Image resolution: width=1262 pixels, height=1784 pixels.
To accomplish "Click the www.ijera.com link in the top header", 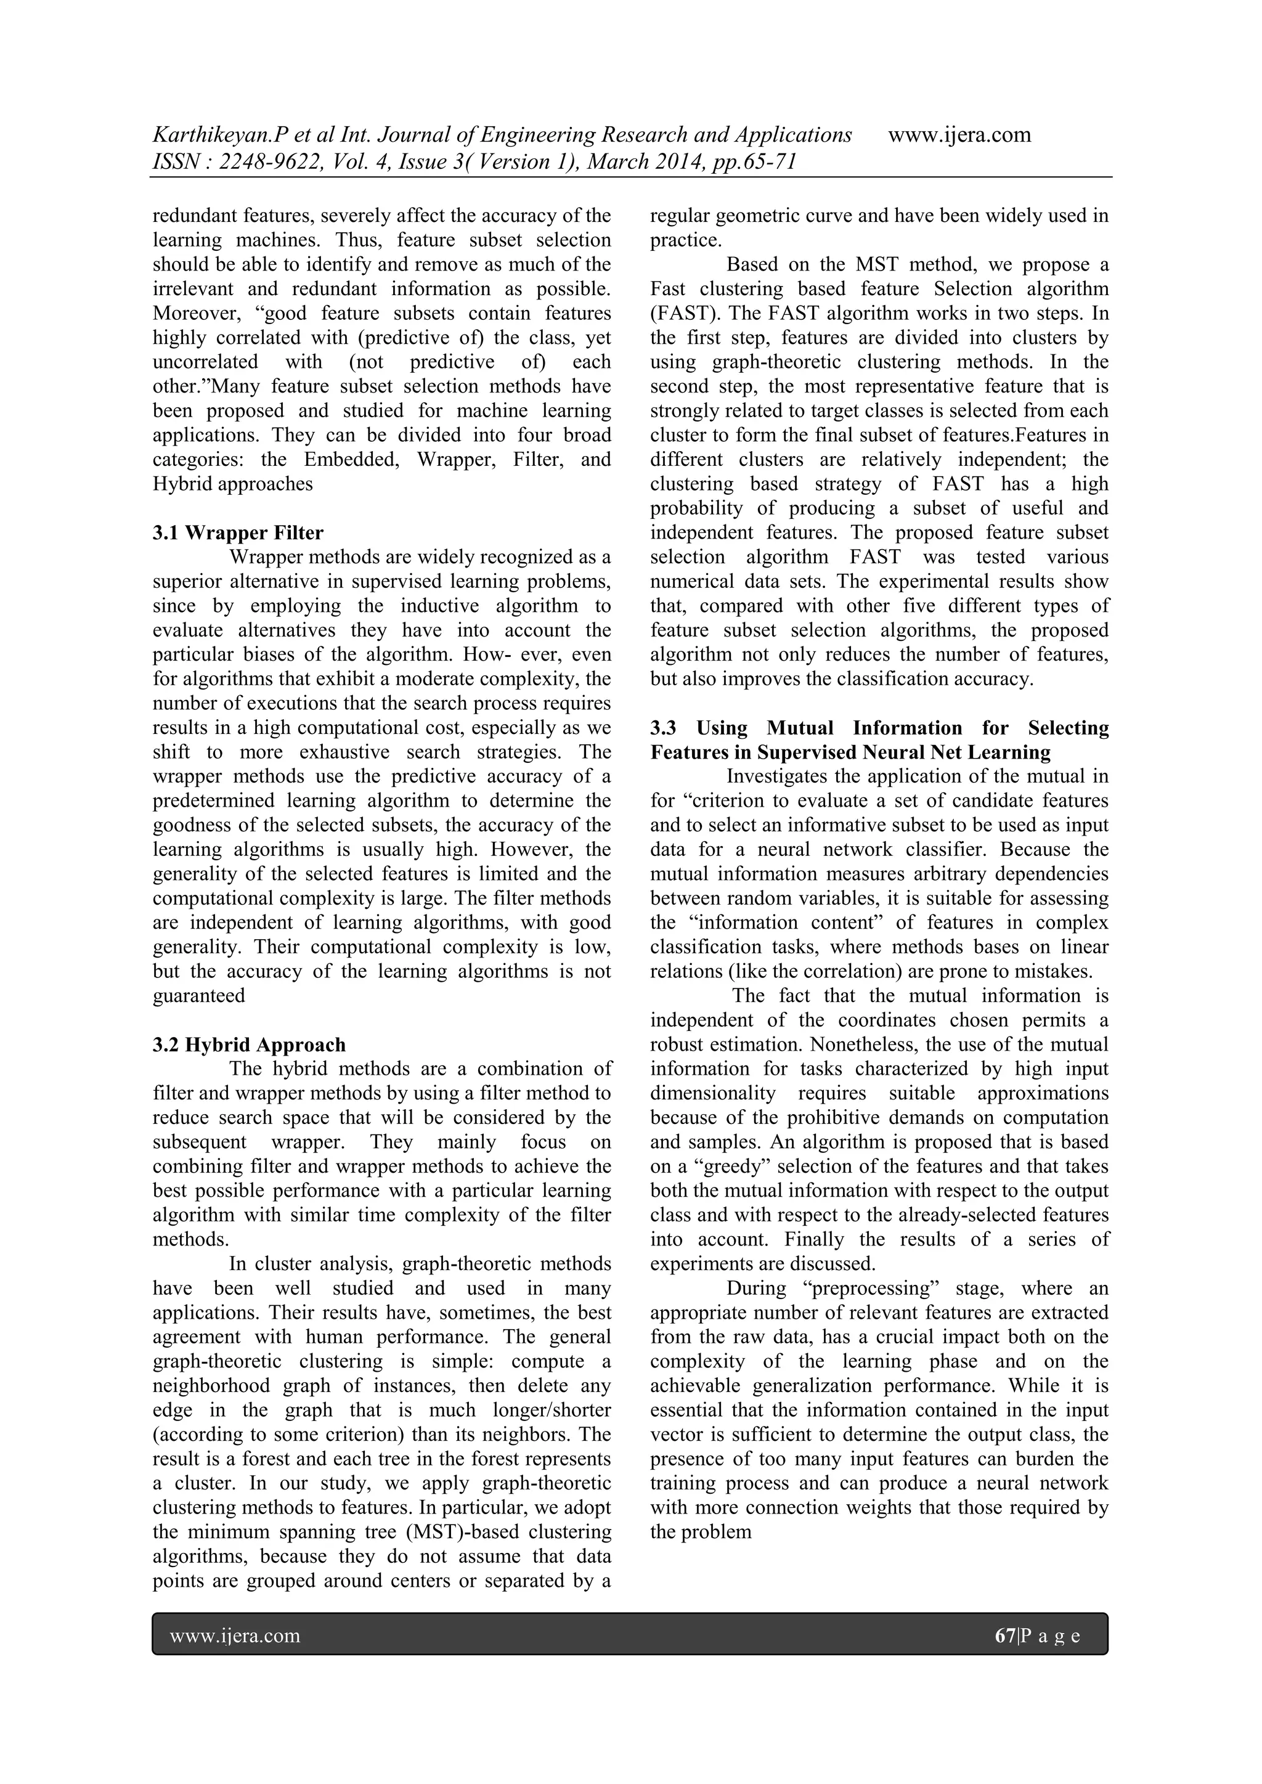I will click(x=959, y=135).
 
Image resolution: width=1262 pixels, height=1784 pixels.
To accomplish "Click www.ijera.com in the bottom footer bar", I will click(x=235, y=1635).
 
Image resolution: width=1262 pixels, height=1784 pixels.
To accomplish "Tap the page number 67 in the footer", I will click(x=1005, y=1635).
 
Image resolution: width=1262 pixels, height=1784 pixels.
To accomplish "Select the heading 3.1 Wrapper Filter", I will click(x=238, y=533).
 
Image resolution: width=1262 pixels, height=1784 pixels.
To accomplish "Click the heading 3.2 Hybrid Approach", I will click(x=249, y=1045).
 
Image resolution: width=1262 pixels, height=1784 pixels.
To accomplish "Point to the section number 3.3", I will click(x=664, y=728).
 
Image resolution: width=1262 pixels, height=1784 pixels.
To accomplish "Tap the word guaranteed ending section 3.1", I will click(x=198, y=995).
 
